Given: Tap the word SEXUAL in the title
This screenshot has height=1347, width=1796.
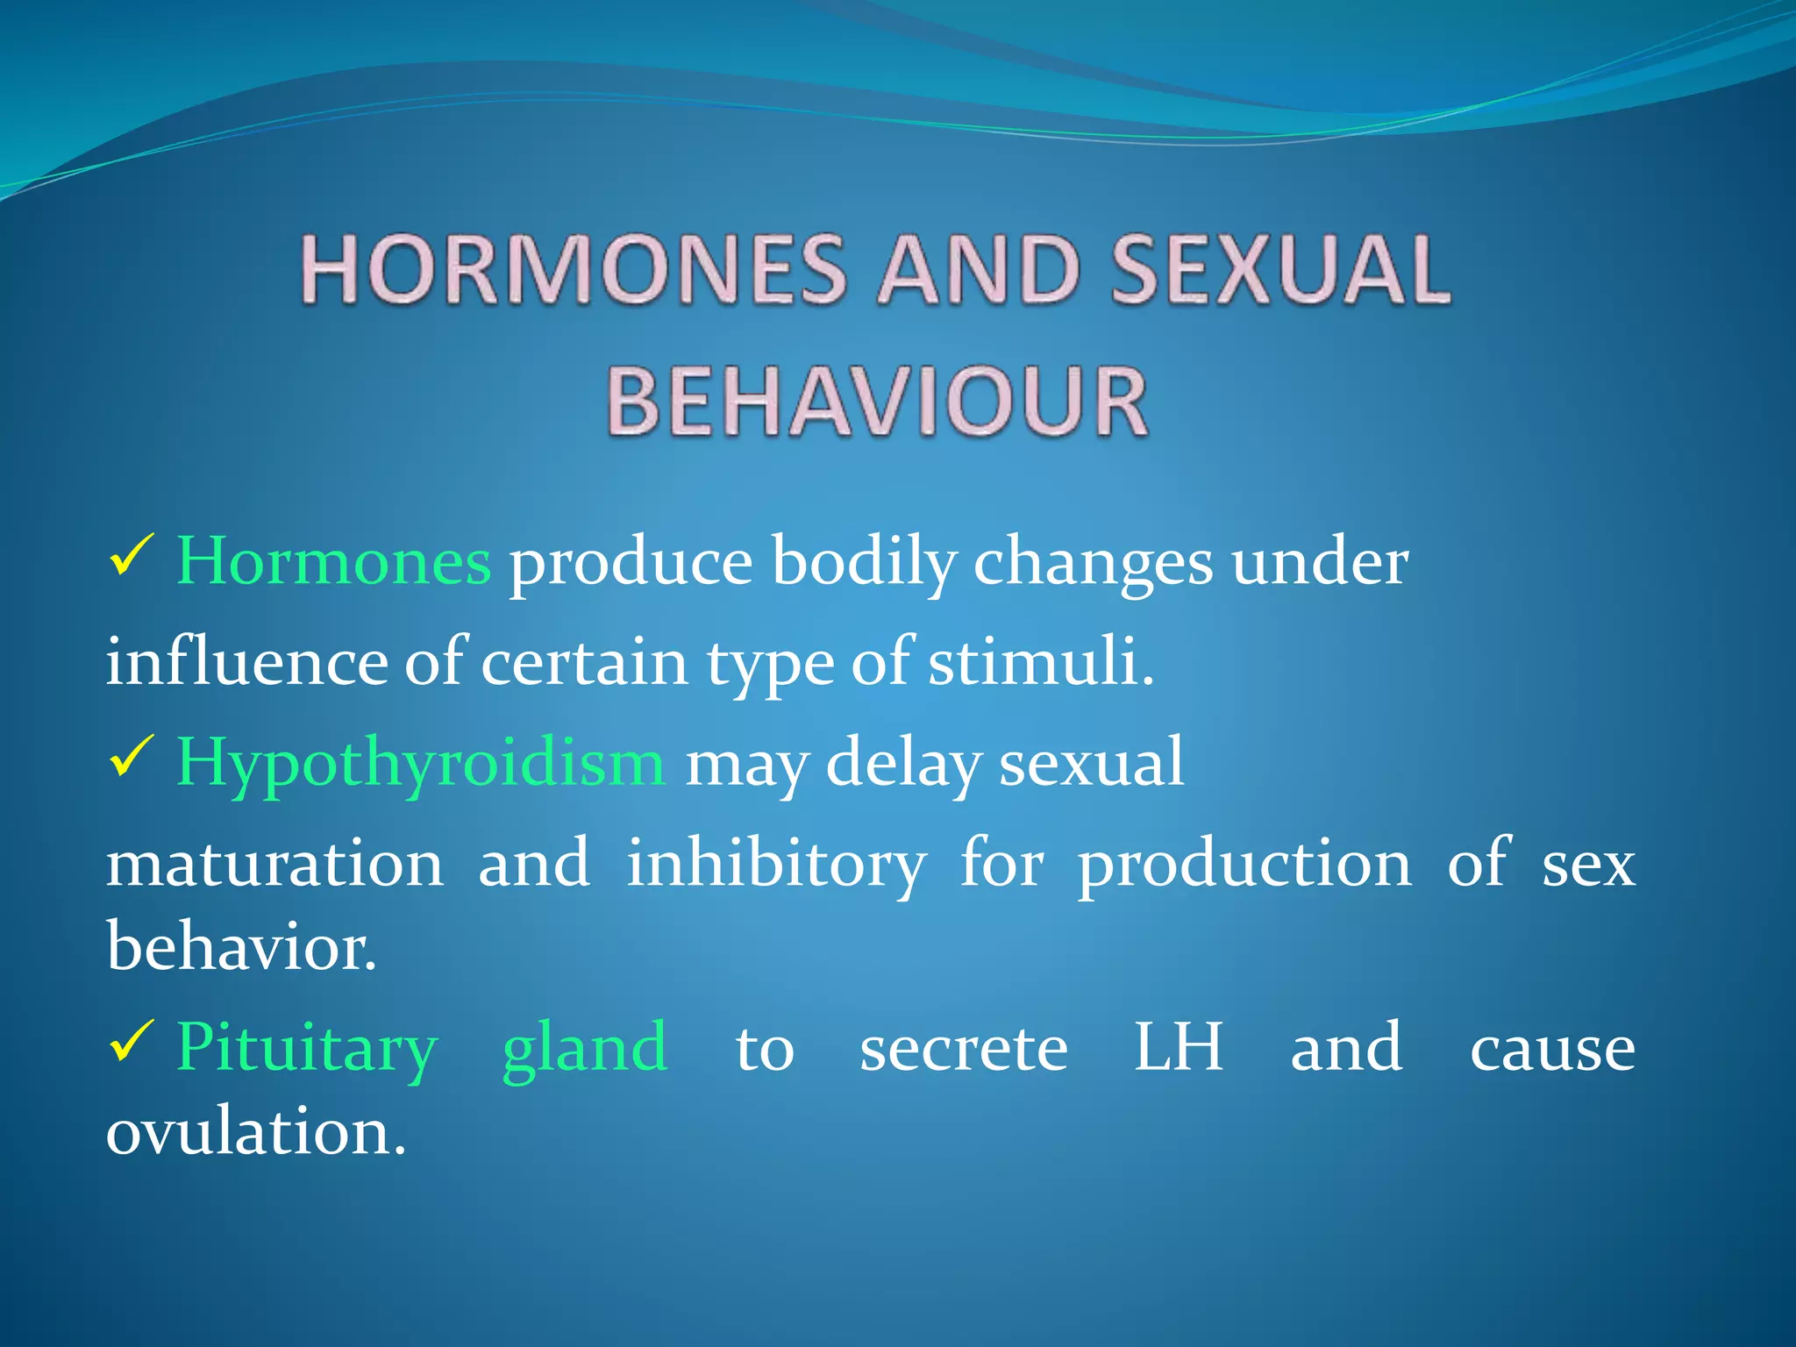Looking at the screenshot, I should click(1280, 270).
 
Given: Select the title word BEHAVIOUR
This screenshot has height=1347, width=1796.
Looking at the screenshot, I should click(877, 402).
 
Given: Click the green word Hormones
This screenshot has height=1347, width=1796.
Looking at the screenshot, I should click(333, 561).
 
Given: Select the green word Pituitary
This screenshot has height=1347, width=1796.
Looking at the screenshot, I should click(307, 1048).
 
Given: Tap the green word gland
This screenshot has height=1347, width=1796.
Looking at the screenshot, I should click(585, 1048).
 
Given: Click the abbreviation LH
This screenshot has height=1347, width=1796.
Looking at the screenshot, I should click(1178, 1048).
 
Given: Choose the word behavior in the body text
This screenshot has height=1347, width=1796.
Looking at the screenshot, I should click(241, 947).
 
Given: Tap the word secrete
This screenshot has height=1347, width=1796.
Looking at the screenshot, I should click(963, 1048).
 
